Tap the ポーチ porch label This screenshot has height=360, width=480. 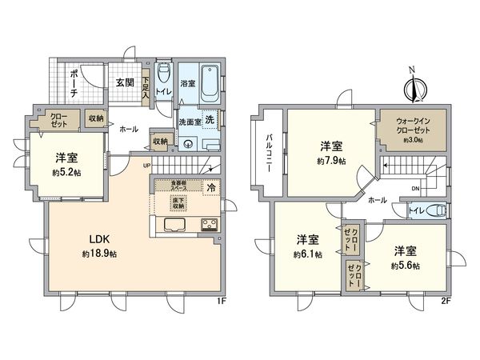click(x=74, y=83)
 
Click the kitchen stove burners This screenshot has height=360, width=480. click(x=210, y=224)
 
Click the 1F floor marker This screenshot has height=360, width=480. click(x=222, y=302)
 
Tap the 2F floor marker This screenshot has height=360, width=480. click(x=446, y=302)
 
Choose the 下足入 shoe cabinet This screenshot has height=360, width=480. click(x=146, y=86)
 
